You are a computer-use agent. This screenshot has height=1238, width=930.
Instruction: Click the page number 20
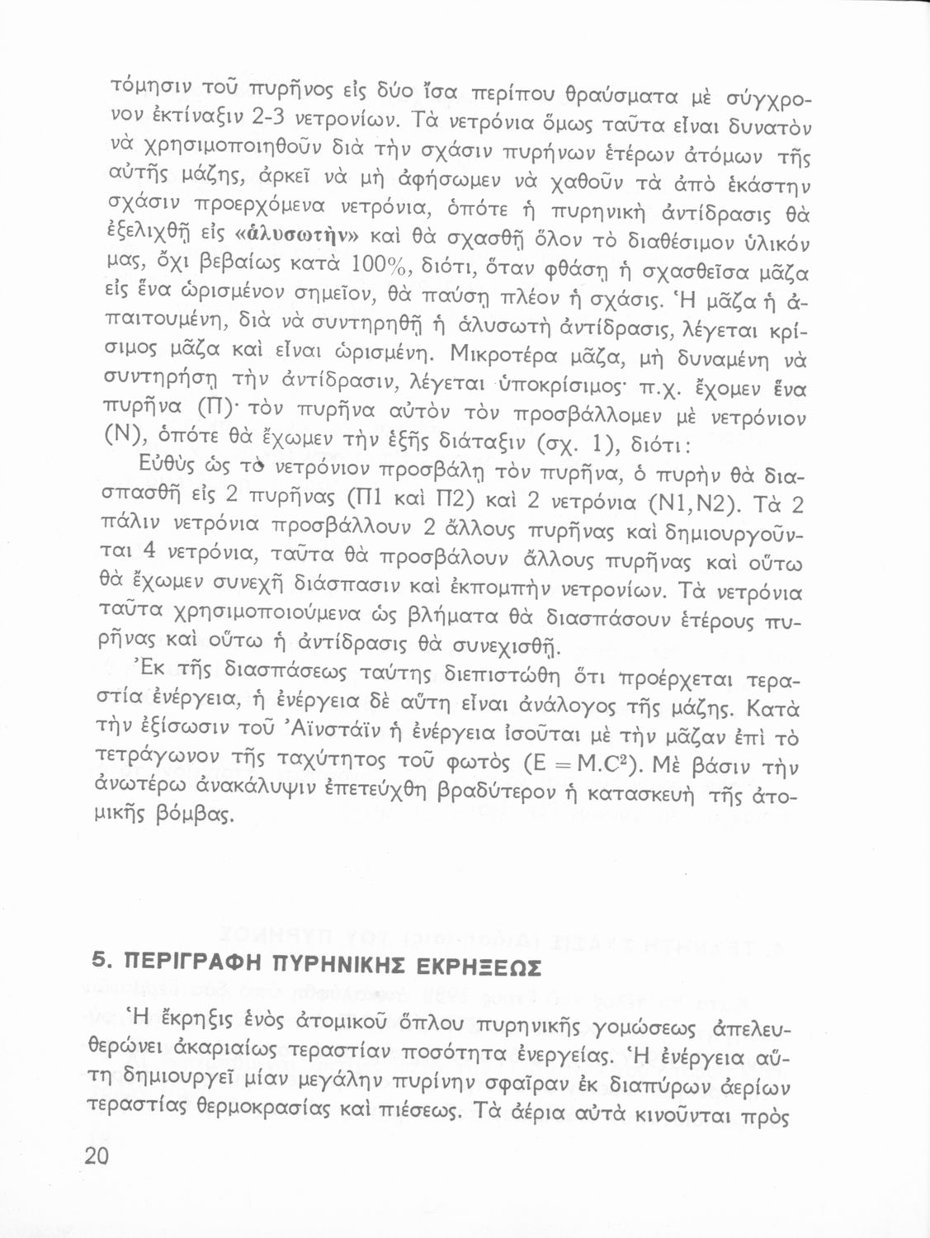[97, 1156]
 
